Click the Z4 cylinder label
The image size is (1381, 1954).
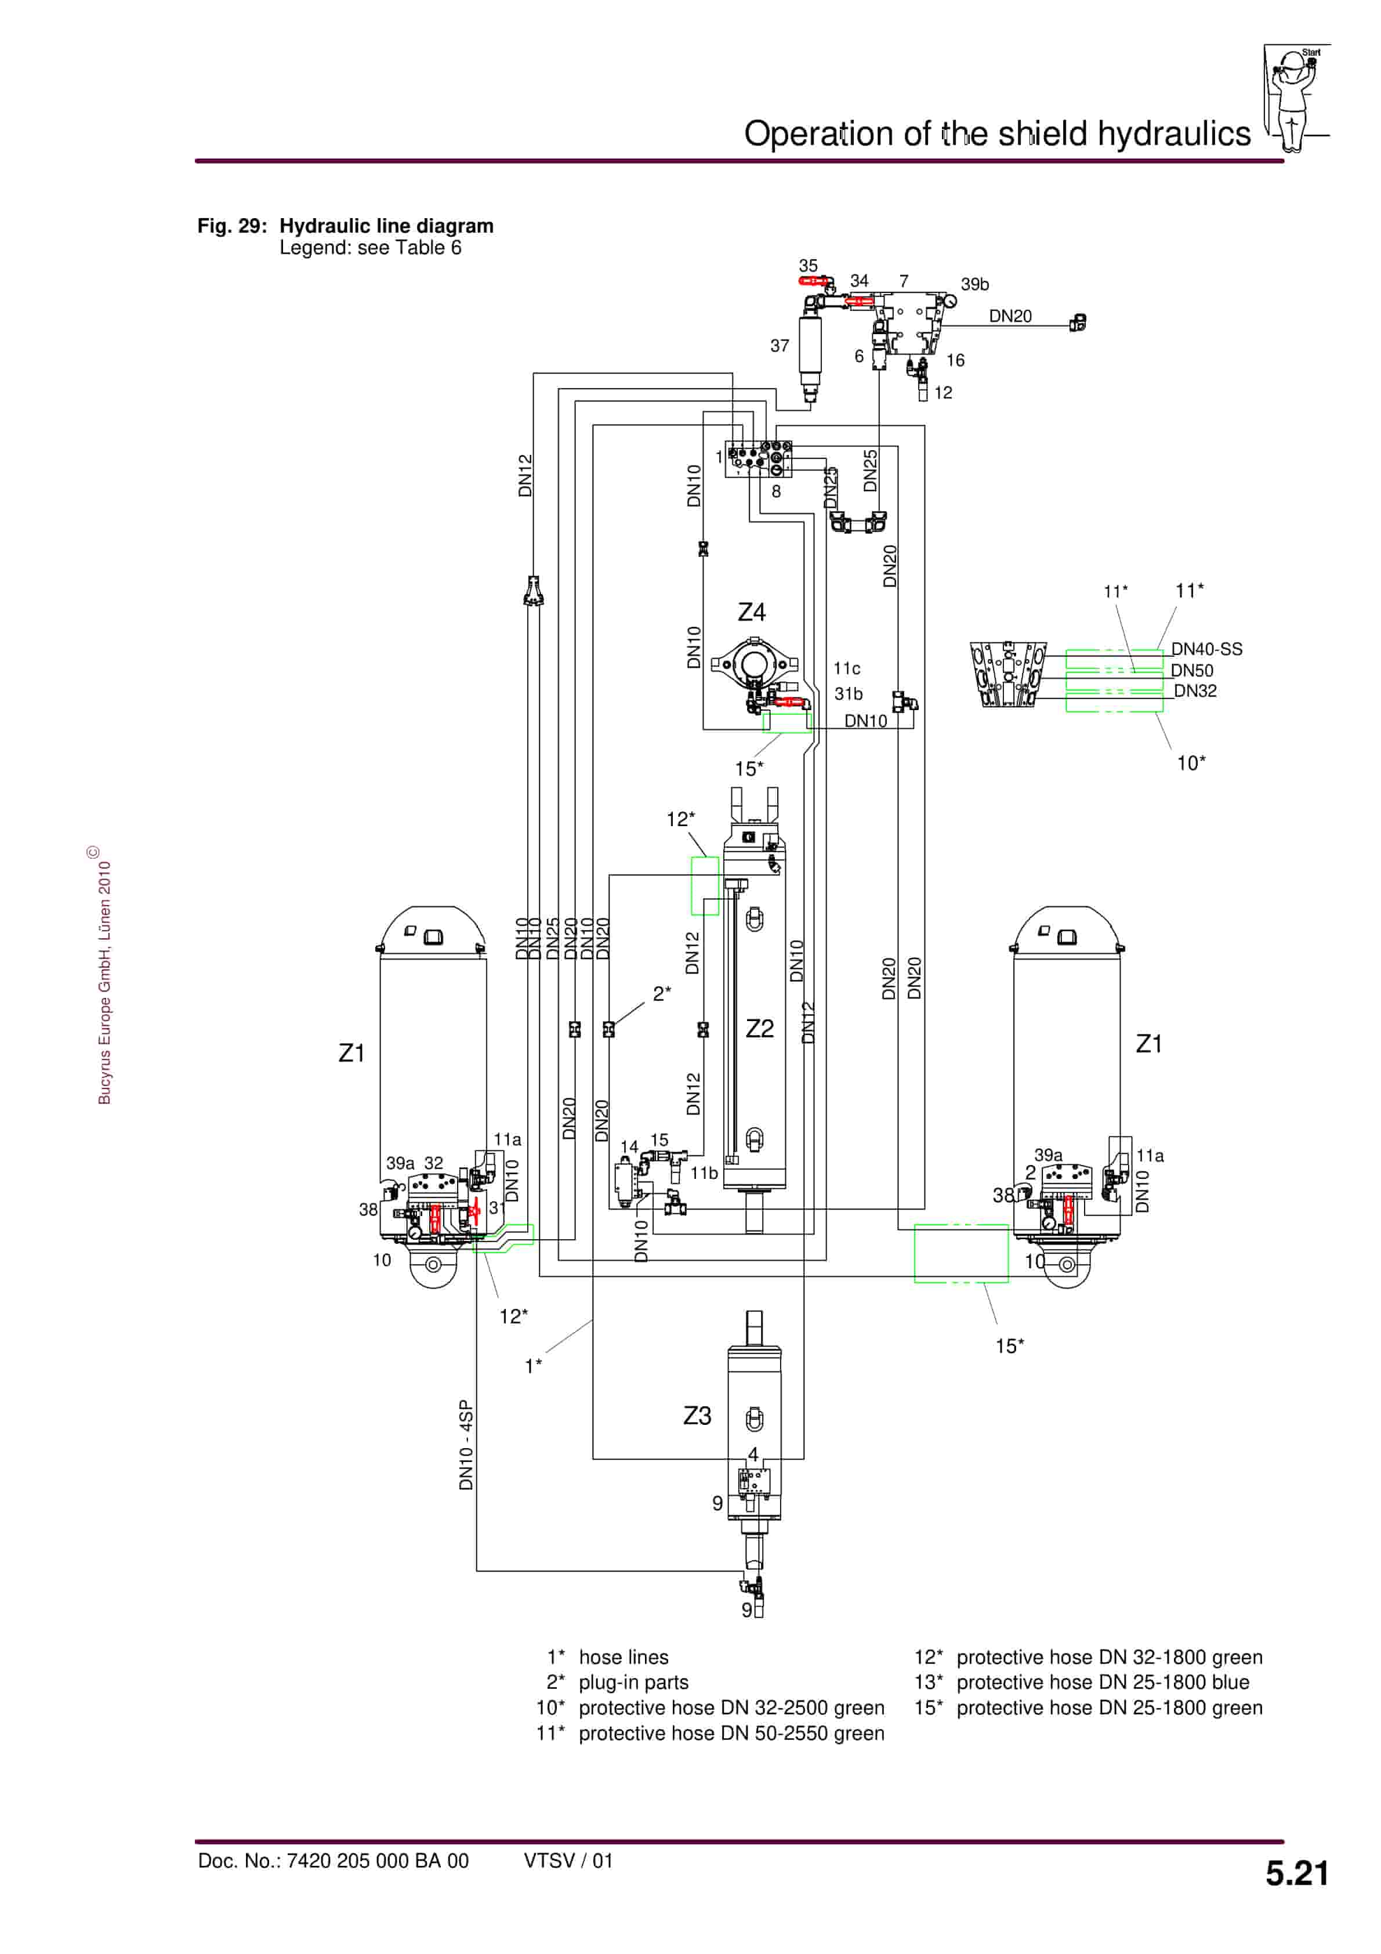click(x=751, y=612)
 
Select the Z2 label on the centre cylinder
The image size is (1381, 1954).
click(x=759, y=1028)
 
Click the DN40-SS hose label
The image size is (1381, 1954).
click(x=1206, y=649)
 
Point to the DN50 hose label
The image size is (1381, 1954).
click(x=1191, y=671)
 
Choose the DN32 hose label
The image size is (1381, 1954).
click(x=1195, y=691)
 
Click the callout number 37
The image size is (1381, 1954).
click(x=780, y=346)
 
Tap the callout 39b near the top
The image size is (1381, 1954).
click(x=974, y=284)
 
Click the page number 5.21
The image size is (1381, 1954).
click(x=1296, y=1874)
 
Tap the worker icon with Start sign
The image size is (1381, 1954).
click(x=1293, y=98)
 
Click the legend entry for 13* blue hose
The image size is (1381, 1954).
click(x=1082, y=1682)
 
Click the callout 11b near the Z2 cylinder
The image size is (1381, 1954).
click(x=704, y=1173)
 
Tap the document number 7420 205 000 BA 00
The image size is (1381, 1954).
click(x=377, y=1861)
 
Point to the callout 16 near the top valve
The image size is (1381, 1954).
click(x=955, y=361)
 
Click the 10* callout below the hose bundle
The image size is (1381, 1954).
click(x=1190, y=763)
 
